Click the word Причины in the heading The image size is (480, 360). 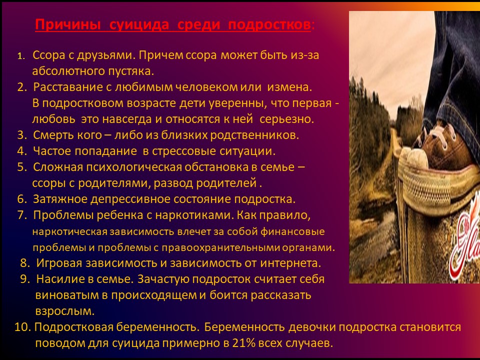click(68, 25)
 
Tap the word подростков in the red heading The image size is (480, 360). click(269, 25)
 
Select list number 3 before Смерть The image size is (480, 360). click(22, 135)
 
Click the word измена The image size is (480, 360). click(290, 87)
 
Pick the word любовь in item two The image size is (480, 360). click(54, 119)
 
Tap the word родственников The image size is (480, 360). click(254, 135)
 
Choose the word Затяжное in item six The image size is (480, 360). click(60, 199)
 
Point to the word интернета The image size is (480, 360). click(290, 263)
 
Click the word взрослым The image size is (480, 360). click(65, 311)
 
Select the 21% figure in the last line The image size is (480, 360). click(243, 343)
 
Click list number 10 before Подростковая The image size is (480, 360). click(22, 327)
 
